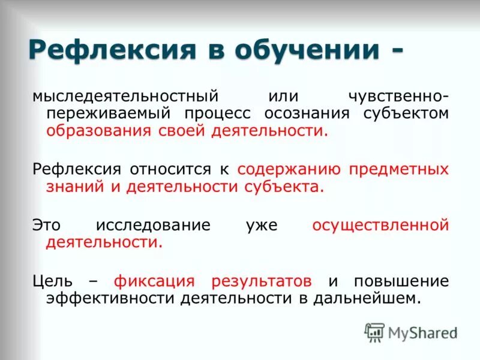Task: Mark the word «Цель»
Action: click(x=53, y=281)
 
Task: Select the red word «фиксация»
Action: click(x=155, y=281)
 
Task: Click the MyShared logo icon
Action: click(x=375, y=332)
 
